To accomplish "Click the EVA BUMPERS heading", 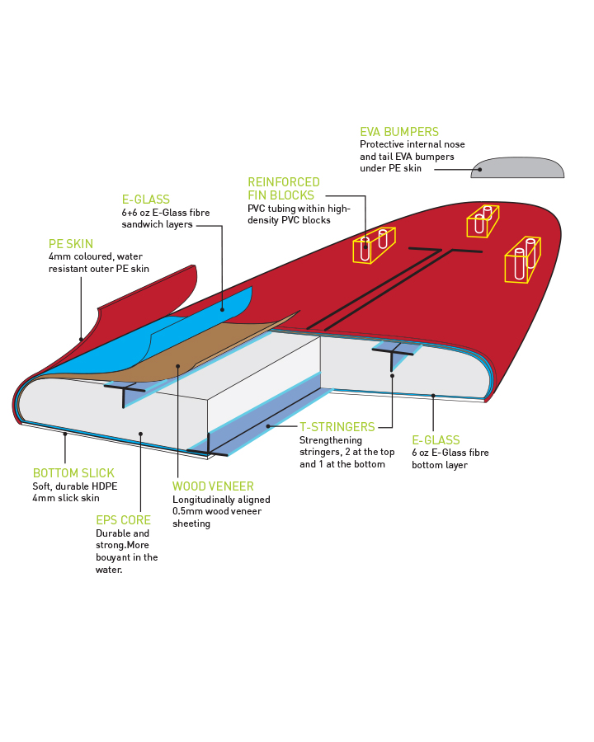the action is (398, 132).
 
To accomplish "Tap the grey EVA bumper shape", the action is (517, 168).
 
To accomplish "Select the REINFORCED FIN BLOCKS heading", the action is (283, 188).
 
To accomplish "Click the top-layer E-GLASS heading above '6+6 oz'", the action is (146, 200).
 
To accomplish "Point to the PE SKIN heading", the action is (71, 244).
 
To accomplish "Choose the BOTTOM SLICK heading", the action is (73, 472).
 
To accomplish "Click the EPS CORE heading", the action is (123, 520).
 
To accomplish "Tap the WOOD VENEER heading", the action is (213, 486).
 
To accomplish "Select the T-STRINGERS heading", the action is (337, 427).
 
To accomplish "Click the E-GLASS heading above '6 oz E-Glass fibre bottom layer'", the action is (436, 440).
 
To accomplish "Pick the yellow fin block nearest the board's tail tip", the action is (523, 260).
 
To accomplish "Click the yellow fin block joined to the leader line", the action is (374, 245).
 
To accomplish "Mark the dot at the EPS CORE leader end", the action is (141, 434).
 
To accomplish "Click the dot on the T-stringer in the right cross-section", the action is (392, 376).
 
